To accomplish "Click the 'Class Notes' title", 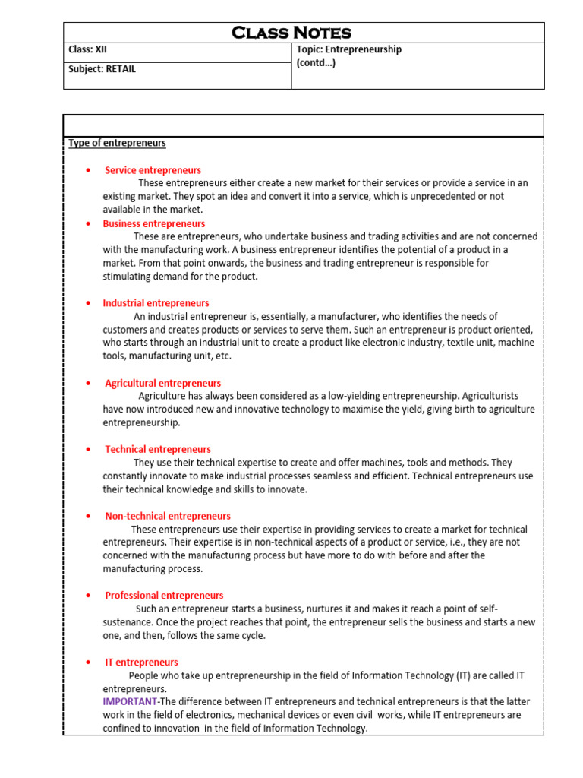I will coord(291,33).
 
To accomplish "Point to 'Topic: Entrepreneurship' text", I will coord(349,49).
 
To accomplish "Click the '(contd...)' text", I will coord(316,62).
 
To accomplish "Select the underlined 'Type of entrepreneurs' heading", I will coord(118,143).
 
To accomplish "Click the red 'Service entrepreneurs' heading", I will coord(153,170).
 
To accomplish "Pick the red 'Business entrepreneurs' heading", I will coord(154,223).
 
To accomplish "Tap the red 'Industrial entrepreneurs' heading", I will coord(156,303).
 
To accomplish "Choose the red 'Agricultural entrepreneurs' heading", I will coord(162,383).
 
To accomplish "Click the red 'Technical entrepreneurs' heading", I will coord(158,449).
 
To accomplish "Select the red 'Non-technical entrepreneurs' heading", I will coord(168,516).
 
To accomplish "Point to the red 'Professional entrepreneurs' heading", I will coord(164,596).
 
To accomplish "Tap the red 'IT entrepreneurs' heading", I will coord(141,662).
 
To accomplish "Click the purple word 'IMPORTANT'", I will coord(130,701).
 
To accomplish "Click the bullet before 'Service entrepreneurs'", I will coord(89,170).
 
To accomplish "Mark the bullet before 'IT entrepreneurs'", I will coord(89,663).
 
